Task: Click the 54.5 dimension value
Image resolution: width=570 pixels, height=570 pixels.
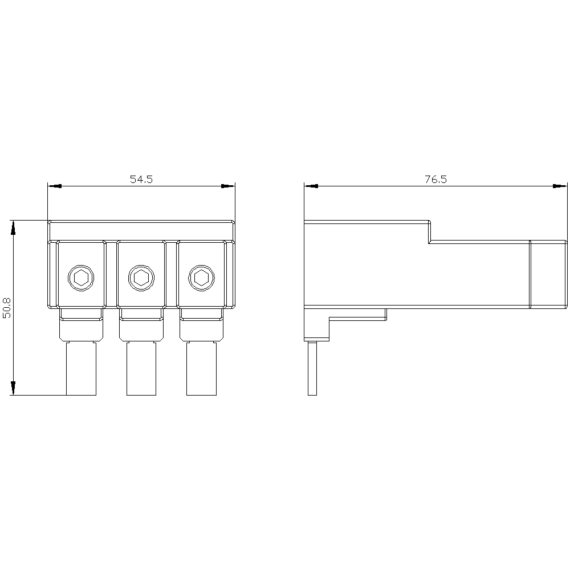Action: click(x=141, y=179)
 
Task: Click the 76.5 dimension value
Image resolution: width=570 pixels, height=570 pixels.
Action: click(x=435, y=179)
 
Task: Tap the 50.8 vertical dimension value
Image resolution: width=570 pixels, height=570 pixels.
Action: click(x=7, y=308)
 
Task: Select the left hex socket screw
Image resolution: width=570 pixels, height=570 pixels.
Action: click(x=81, y=278)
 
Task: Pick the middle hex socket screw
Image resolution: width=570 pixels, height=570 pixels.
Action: click(x=141, y=278)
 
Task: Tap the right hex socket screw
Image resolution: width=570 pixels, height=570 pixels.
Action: click(x=201, y=278)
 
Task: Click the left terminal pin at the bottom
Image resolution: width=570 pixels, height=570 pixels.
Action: click(x=81, y=368)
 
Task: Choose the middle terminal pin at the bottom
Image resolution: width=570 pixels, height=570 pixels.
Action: click(x=141, y=368)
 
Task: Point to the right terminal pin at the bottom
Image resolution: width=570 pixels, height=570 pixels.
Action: click(x=201, y=368)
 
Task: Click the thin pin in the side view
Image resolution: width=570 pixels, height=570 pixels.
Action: click(x=312, y=368)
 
